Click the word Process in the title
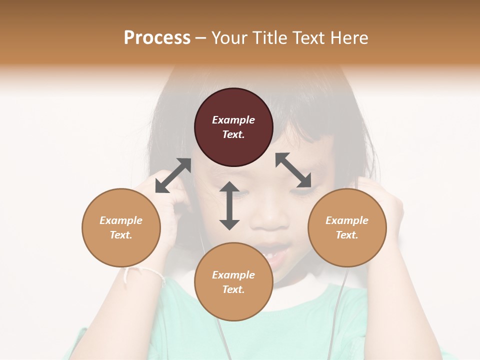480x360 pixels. coord(157,38)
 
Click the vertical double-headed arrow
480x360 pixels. coord(229,205)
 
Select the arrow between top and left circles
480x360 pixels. coord(173,175)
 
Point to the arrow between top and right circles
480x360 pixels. coord(293,170)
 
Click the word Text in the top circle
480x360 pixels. coord(233,134)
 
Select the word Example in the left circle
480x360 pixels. coord(121,220)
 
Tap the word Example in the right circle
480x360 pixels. coord(347,220)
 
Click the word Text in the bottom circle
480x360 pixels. coord(233,289)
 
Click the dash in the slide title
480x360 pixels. coord(201,38)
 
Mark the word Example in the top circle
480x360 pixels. coord(233,120)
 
